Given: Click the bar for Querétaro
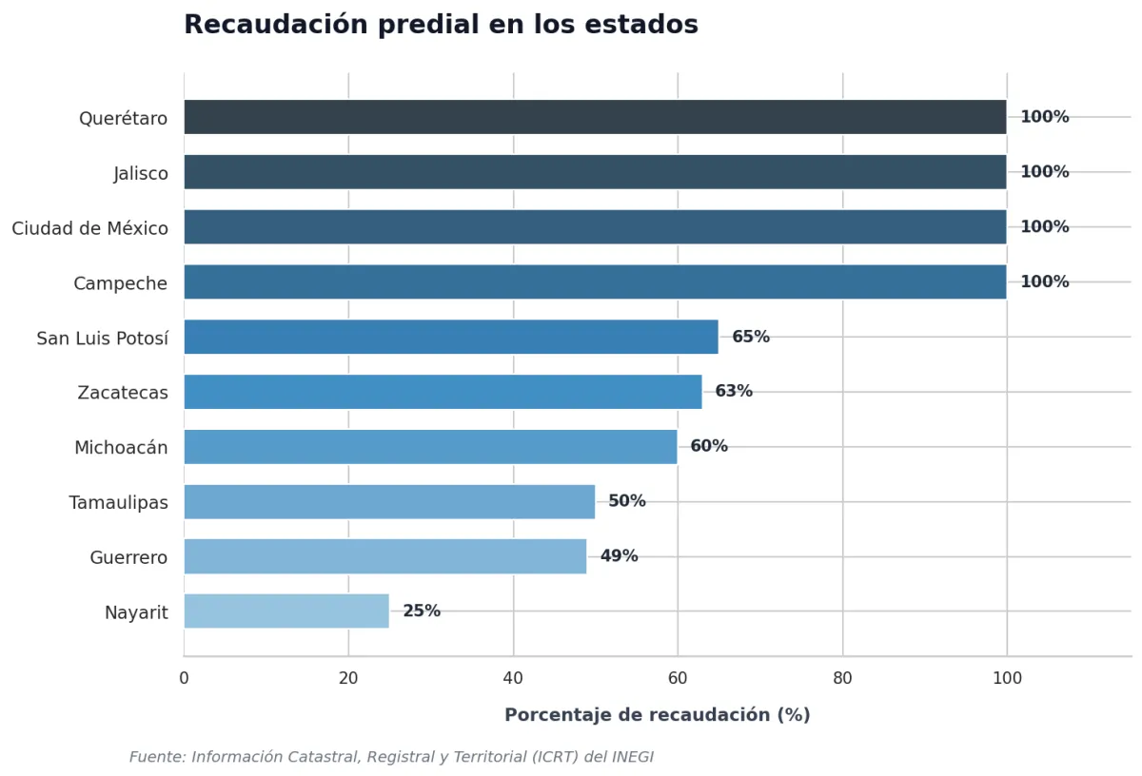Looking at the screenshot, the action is coord(595,117).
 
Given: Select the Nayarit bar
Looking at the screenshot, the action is coord(286,611).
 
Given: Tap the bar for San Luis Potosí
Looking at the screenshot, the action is coord(451,337).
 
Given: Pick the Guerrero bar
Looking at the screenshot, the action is coord(385,556).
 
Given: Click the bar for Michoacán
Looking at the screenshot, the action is coord(431,446).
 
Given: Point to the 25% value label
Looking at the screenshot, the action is coord(422,611).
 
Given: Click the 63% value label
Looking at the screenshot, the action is coord(734,391).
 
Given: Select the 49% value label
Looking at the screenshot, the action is coord(619,555).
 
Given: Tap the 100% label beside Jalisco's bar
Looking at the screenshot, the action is coord(1045,172).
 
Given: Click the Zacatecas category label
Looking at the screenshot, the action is coord(123,393).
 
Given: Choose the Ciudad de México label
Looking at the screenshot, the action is coord(89,228).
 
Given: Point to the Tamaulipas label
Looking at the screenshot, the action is coord(118,503).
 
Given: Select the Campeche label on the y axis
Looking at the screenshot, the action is coord(120,283).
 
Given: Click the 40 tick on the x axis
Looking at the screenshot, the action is coord(513,678).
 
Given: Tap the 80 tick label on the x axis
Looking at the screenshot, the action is coord(842,678).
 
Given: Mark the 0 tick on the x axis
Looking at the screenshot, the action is coord(184,678).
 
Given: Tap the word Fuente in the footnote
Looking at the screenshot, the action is coord(158,757).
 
